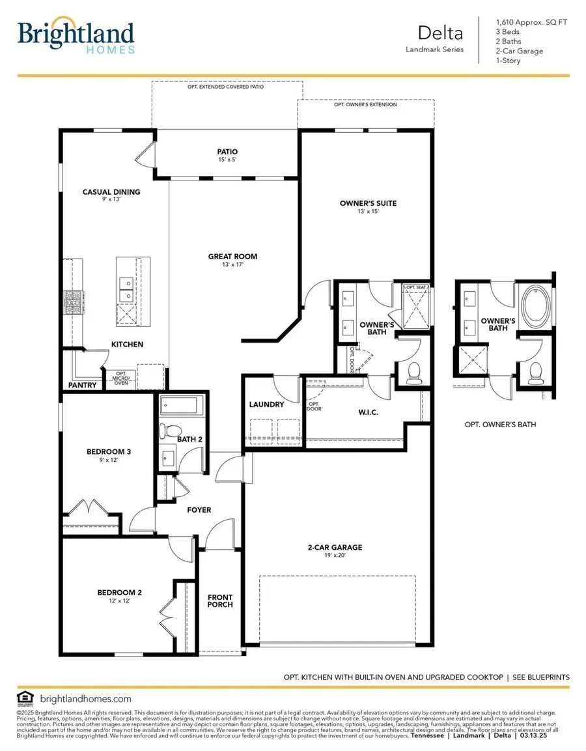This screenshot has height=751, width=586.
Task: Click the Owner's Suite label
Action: coord(368,203)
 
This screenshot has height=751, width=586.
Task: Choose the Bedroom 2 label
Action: coord(119,592)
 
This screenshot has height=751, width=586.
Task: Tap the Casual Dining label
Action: coord(111,192)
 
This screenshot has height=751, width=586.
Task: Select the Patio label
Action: coord(227,152)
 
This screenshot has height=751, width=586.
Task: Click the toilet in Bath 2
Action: coord(173,431)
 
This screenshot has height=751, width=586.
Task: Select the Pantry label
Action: coord(83,385)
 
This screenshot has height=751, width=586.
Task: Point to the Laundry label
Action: coord(266,404)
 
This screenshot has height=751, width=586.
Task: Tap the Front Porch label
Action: coord(220,601)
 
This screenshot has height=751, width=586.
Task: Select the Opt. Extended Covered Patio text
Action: coord(227,86)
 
